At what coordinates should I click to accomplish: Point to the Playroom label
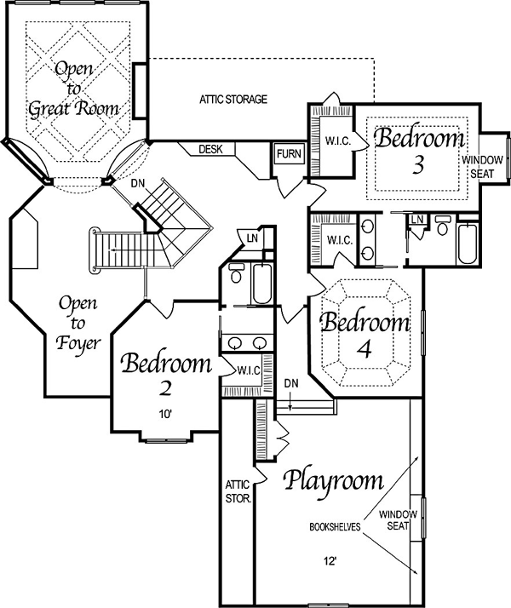pos(334,482)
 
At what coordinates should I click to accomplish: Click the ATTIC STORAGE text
pos(233,100)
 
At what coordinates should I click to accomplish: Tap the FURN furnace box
pos(290,154)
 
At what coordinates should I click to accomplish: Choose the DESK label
pos(210,149)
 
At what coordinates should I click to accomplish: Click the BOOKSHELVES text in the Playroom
pos(335,527)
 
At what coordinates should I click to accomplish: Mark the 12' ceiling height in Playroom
pos(330,561)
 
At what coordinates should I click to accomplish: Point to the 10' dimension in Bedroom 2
pos(165,415)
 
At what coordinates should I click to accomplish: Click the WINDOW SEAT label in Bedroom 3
pos(482,167)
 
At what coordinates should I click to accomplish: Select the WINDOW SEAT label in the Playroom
pos(399,520)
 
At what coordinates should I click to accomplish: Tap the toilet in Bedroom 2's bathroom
pos(235,273)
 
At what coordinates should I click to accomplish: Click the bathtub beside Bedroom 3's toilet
pos(468,243)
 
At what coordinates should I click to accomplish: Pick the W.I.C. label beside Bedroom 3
pos(338,141)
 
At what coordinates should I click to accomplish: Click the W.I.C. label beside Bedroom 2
pos(249,371)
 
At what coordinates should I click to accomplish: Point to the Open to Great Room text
pos(73,89)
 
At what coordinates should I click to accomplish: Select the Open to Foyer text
pos(78,324)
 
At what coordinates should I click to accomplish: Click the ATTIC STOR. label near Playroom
pos(238,491)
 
